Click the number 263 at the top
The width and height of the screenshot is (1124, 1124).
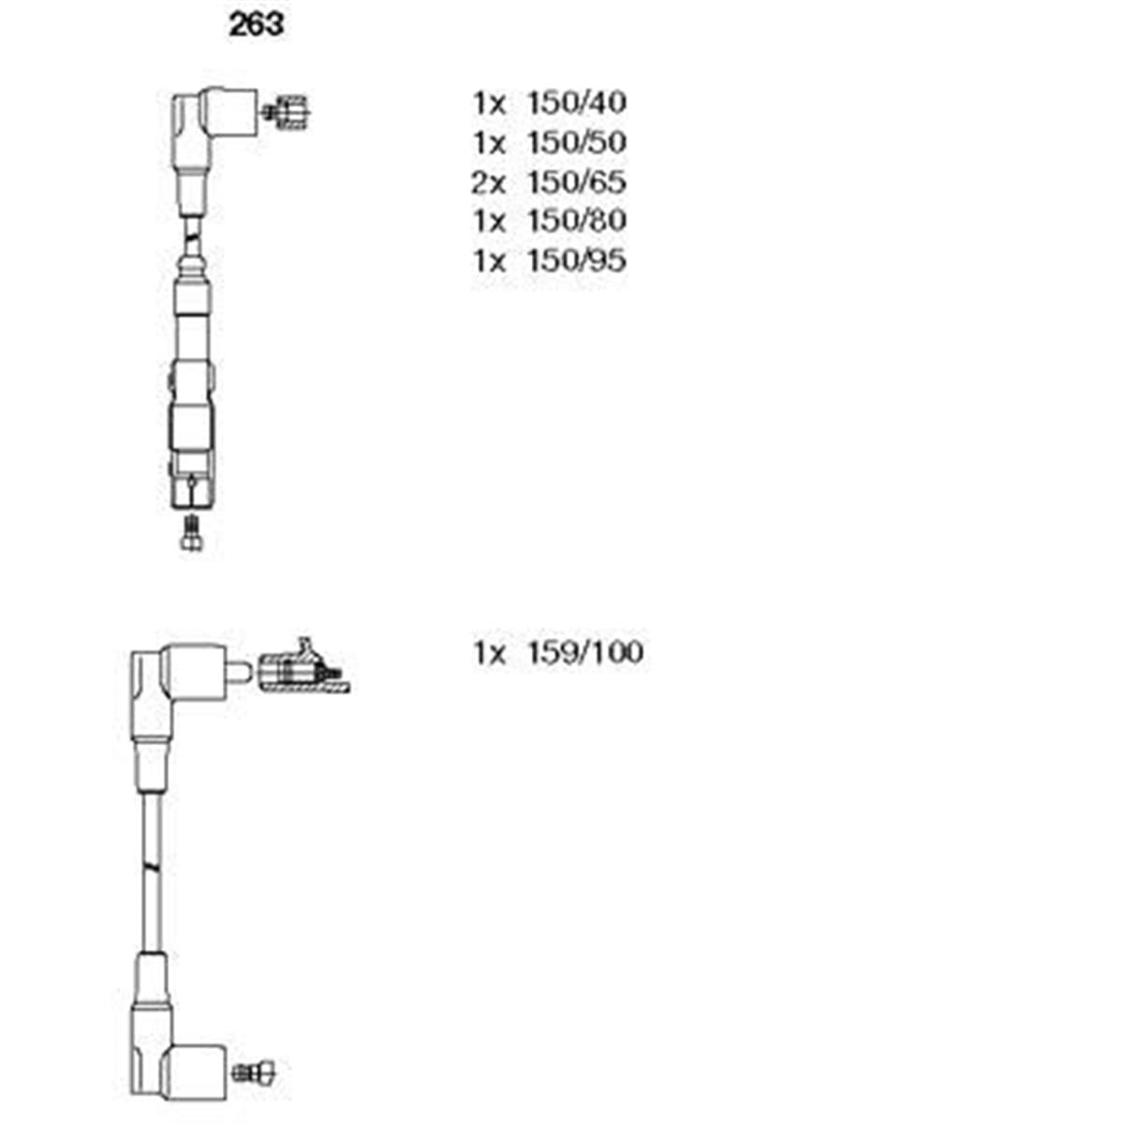click(x=257, y=25)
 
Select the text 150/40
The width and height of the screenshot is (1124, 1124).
click(x=576, y=103)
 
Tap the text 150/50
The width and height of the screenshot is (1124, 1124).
click(x=576, y=142)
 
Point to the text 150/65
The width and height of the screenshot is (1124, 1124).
click(x=576, y=182)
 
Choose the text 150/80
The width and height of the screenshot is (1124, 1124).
click(x=576, y=220)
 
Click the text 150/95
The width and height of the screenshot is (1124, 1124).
click(x=576, y=260)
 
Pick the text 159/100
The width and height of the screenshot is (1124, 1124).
click(x=584, y=652)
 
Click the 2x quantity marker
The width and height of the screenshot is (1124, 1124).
click(x=489, y=182)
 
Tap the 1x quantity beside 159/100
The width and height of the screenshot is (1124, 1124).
click(x=489, y=653)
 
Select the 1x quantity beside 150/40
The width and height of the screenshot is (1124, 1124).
click(x=489, y=103)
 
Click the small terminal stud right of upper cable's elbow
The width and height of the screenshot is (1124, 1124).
click(x=286, y=111)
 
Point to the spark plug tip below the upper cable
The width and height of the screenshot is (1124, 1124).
click(x=192, y=533)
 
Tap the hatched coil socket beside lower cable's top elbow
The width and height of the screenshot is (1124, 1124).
click(x=303, y=668)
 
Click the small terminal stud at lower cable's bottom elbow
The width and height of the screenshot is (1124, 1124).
click(x=253, y=1071)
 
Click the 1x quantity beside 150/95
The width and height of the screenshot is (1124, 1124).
click(x=489, y=260)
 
